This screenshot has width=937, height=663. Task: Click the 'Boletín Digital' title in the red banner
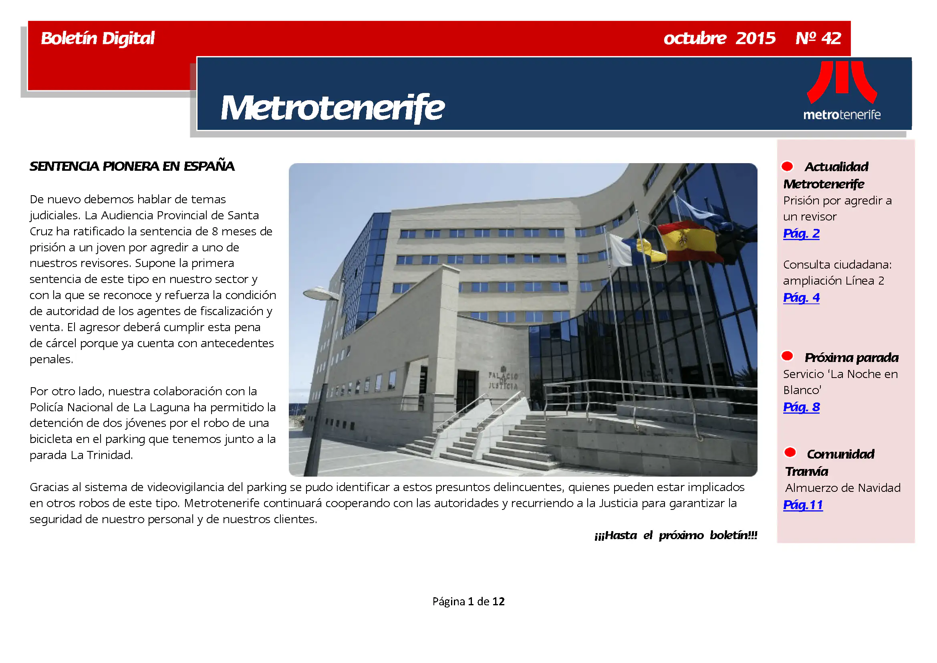pyautogui.click(x=97, y=38)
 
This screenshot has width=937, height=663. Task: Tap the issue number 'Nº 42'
pyautogui.click(x=818, y=38)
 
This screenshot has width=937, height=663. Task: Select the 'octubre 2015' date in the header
pyautogui.click(x=719, y=38)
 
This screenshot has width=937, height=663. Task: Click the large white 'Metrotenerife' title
pyautogui.click(x=332, y=108)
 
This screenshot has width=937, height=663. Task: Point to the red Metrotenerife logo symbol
pyautogui.click(x=842, y=82)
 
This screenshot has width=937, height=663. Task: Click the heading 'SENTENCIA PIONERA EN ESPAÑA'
pyautogui.click(x=132, y=166)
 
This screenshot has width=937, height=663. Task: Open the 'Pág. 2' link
pyautogui.click(x=801, y=234)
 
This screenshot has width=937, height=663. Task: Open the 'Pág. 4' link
pyautogui.click(x=801, y=297)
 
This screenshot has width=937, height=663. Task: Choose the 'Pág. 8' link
pyautogui.click(x=801, y=407)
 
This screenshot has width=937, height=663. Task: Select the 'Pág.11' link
pyautogui.click(x=803, y=505)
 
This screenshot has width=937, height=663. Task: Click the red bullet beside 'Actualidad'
pyautogui.click(x=787, y=166)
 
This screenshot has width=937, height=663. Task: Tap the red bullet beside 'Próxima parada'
pyautogui.click(x=787, y=356)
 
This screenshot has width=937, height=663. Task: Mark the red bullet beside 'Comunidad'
pyautogui.click(x=790, y=452)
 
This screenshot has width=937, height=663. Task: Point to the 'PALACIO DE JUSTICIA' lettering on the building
pyautogui.click(x=503, y=380)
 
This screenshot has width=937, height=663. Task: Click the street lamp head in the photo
pyautogui.click(x=321, y=293)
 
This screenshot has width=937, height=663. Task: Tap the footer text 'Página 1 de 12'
pyautogui.click(x=469, y=601)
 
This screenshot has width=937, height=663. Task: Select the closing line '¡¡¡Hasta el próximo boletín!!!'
pyautogui.click(x=675, y=535)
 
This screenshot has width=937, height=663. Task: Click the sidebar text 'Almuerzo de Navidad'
pyautogui.click(x=842, y=488)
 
